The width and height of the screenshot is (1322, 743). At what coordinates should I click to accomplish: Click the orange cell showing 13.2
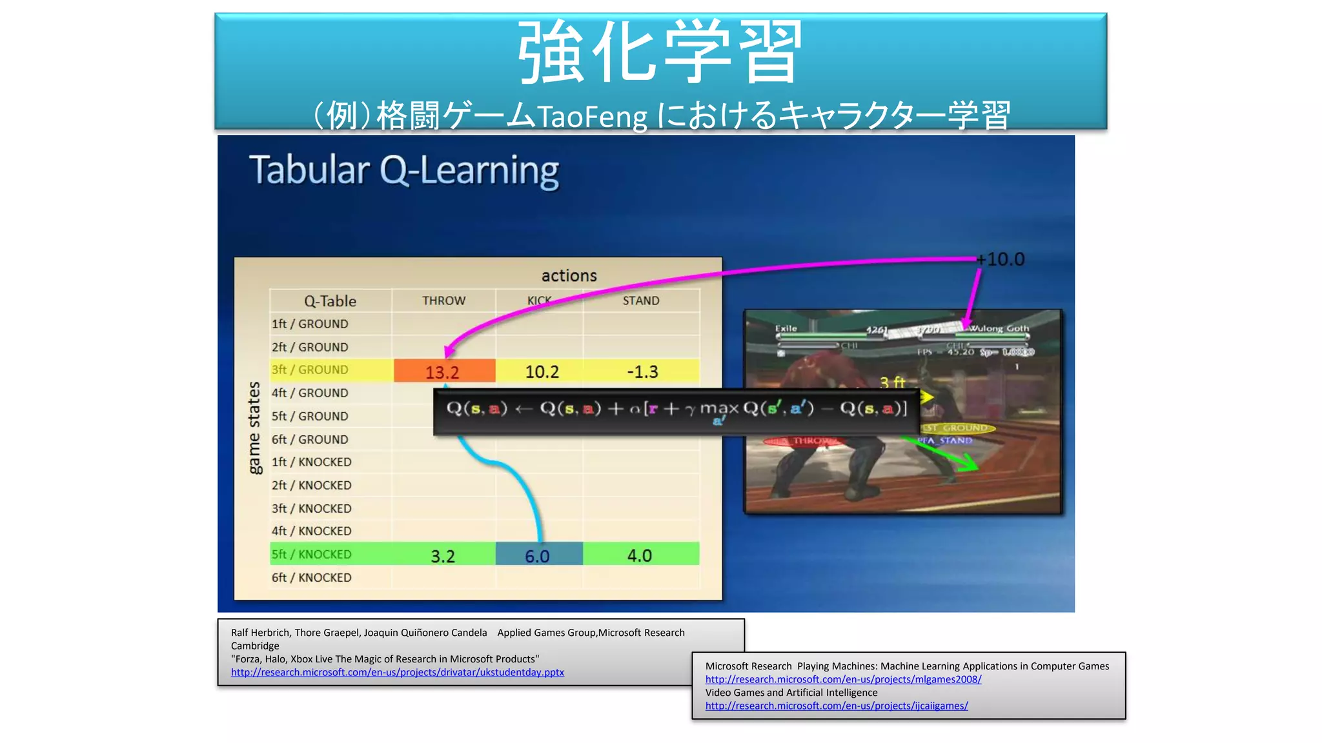(x=443, y=371)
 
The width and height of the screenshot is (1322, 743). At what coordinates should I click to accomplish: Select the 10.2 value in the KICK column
(x=542, y=371)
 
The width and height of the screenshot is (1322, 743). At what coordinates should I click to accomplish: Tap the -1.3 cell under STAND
(x=642, y=371)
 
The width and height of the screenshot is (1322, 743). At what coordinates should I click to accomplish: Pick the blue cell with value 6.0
(x=538, y=555)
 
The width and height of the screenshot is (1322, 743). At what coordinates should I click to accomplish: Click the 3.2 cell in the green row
(x=443, y=555)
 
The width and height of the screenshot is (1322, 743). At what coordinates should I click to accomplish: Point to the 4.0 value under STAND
(x=640, y=555)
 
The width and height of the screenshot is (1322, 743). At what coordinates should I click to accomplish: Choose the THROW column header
(x=443, y=301)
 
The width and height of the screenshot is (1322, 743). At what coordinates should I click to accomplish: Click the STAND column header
(x=641, y=301)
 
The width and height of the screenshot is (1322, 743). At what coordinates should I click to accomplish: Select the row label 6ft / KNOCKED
(x=311, y=577)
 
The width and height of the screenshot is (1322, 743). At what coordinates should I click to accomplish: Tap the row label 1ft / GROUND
(x=309, y=324)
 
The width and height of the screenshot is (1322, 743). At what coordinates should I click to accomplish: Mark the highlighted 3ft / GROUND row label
(x=309, y=370)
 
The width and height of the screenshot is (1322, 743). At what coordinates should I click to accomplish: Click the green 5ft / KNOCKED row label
(x=311, y=554)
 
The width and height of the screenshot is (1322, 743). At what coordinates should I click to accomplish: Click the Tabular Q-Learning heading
(x=404, y=171)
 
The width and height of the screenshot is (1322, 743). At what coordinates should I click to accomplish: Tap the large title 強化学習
(x=660, y=52)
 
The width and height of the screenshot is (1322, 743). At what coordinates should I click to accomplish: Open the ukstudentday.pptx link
(x=397, y=672)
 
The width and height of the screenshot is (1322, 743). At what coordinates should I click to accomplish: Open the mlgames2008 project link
(x=843, y=679)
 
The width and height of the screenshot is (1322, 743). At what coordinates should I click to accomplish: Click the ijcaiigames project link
(x=837, y=706)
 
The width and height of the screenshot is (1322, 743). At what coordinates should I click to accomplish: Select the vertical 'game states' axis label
(x=254, y=428)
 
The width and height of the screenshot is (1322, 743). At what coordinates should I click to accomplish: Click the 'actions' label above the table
(x=569, y=275)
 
